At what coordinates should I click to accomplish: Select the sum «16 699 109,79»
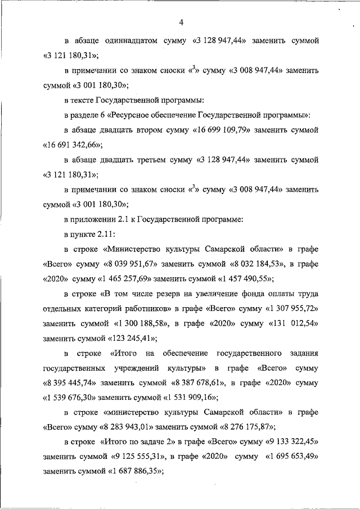click(229, 129)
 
